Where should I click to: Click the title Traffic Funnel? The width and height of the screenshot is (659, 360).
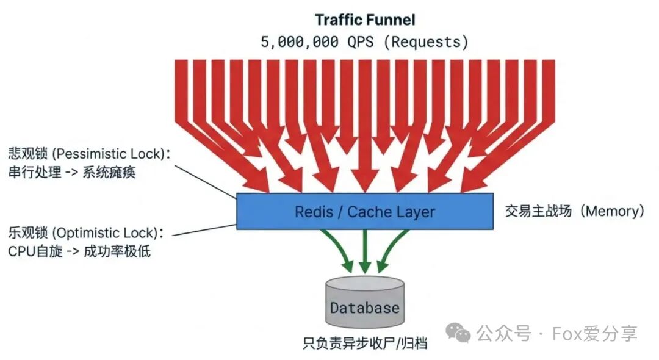tap(365, 20)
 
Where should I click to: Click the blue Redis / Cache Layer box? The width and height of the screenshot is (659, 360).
tap(365, 212)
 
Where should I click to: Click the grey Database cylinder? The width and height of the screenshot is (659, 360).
tap(364, 303)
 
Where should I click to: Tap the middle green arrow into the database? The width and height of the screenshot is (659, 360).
tap(365, 250)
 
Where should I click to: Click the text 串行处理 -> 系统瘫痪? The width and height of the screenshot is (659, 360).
tap(71, 173)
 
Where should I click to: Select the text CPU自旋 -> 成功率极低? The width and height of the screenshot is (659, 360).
tap(79, 251)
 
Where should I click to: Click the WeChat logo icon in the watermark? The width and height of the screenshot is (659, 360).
tap(458, 333)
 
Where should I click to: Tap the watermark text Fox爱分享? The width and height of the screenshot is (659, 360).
tap(595, 333)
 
